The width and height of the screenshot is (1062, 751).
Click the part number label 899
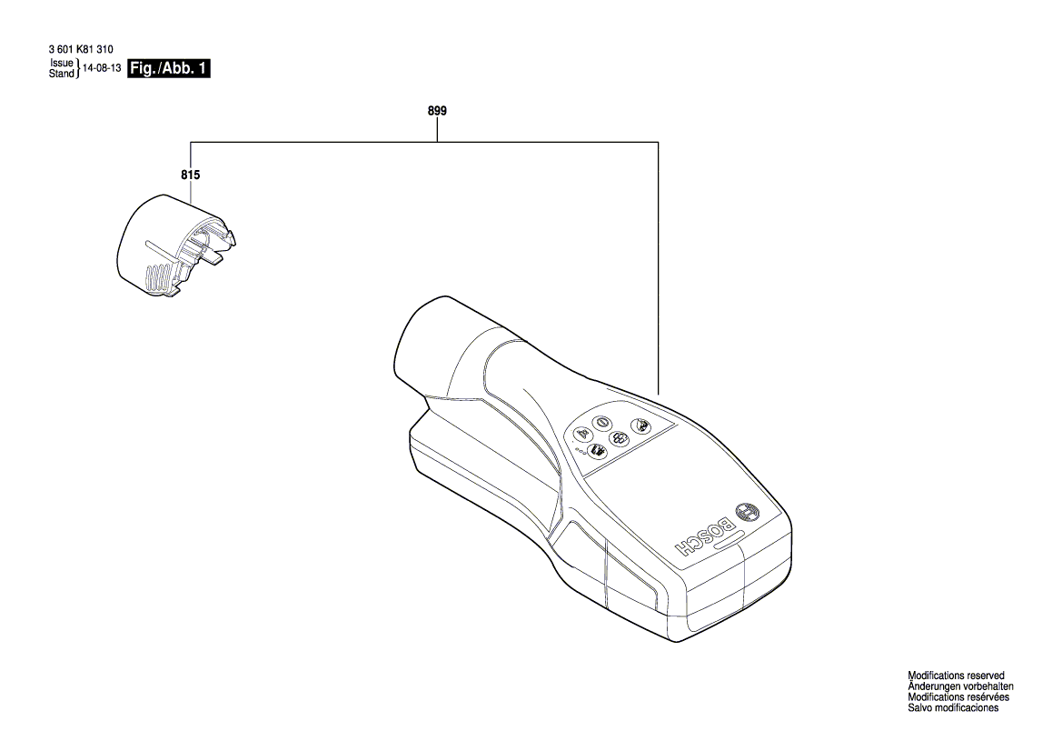[437, 111]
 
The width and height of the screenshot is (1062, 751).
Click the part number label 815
[190, 175]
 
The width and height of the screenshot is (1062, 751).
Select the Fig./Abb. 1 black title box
[169, 68]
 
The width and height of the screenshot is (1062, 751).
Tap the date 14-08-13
[102, 68]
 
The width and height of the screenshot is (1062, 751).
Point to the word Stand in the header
[61, 74]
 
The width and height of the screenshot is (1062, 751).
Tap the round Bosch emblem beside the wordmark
[746, 513]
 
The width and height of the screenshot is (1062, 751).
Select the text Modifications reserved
[956, 676]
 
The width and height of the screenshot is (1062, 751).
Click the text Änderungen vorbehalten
[960, 686]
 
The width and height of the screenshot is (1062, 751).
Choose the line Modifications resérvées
[958, 697]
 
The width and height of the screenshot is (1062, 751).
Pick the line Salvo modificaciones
[953, 708]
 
